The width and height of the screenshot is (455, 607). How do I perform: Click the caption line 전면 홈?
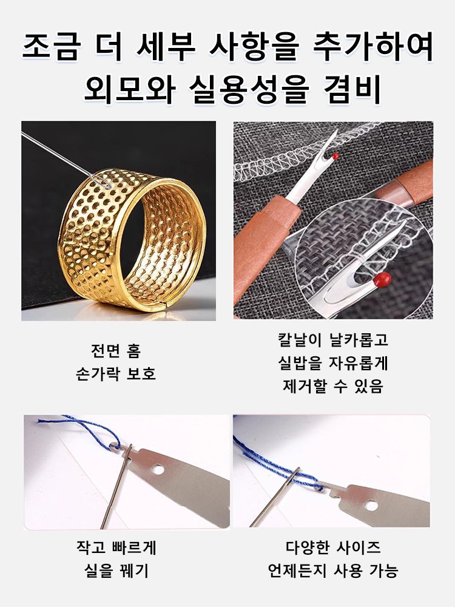click(115, 351)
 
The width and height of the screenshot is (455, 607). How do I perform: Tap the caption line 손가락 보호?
click(115, 373)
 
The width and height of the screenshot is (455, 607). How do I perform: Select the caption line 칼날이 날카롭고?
click(333, 339)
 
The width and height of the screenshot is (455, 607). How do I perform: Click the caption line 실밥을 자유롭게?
click(333, 363)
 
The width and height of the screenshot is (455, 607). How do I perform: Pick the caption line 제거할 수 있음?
click(333, 386)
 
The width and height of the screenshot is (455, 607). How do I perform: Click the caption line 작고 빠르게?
click(115, 548)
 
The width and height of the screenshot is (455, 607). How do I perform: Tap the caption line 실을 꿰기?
click(115, 571)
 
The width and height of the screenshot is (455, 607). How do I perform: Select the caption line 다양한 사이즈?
click(333, 548)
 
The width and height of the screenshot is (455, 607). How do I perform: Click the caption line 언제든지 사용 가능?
click(333, 571)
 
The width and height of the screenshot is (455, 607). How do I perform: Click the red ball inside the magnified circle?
click(382, 279)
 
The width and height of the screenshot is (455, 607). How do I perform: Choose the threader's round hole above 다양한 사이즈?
click(371, 505)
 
